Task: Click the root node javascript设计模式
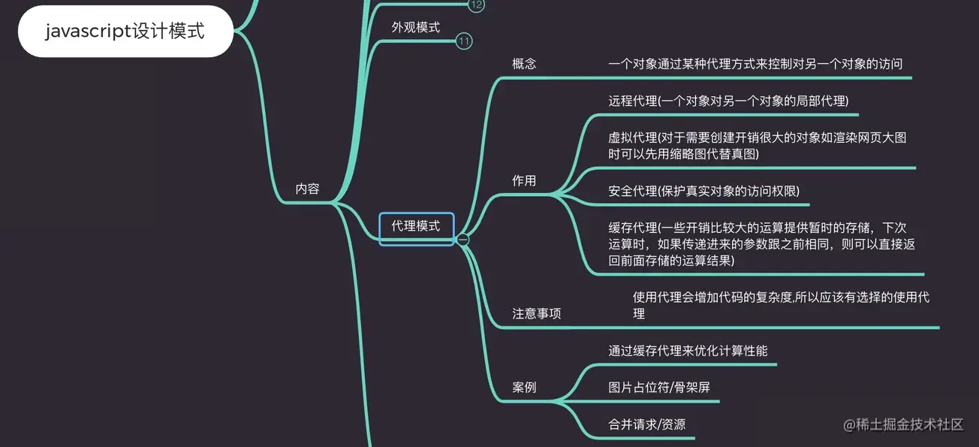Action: click(125, 32)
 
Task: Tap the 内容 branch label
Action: click(307, 189)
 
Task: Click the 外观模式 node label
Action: click(415, 27)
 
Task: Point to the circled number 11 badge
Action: click(465, 41)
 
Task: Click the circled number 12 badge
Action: click(476, 5)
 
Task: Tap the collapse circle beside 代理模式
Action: click(463, 240)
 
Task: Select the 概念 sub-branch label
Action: click(524, 64)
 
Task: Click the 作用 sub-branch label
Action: click(524, 181)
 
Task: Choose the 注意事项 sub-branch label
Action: click(536, 314)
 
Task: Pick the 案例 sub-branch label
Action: click(524, 388)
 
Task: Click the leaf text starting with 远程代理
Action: click(727, 101)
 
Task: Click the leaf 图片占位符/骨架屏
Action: click(658, 388)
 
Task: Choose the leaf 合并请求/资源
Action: click(646, 424)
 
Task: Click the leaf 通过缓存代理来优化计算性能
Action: click(688, 351)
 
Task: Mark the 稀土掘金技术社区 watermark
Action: click(903, 425)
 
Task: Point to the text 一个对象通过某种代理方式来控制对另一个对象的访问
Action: click(755, 64)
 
